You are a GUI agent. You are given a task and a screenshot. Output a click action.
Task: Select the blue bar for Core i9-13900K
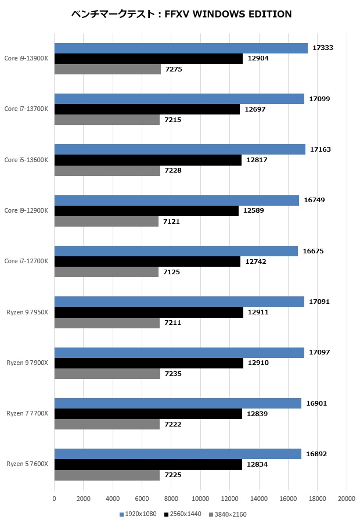[x=181, y=48]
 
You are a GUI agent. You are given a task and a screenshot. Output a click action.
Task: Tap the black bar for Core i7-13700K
[x=147, y=109]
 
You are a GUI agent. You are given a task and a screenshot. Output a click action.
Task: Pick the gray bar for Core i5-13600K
[x=107, y=170]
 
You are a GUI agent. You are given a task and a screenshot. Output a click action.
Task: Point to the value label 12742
[x=256, y=261]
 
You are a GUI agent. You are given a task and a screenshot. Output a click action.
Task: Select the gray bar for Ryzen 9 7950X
[x=107, y=323]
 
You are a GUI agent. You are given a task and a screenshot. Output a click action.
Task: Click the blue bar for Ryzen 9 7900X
[x=179, y=352]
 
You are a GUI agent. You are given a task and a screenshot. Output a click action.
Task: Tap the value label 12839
[x=257, y=414]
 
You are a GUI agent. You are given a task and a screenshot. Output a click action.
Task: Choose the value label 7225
[x=173, y=475]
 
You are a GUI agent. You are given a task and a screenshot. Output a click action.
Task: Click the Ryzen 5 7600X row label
[x=27, y=464]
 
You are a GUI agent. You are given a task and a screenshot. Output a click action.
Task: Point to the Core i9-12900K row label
[x=26, y=210]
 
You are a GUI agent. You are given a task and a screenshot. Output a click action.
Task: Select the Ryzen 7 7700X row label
[x=27, y=413]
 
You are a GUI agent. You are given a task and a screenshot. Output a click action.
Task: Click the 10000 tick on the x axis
[x=200, y=499]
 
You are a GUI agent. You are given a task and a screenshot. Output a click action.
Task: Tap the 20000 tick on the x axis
[x=347, y=499]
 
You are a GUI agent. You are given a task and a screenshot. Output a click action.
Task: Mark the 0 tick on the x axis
[x=55, y=499]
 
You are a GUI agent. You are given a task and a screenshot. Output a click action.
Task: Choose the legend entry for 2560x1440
[x=183, y=514]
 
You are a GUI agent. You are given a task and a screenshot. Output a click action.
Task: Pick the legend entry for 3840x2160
[x=229, y=514]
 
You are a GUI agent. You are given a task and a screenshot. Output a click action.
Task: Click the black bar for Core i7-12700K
[x=147, y=261]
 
